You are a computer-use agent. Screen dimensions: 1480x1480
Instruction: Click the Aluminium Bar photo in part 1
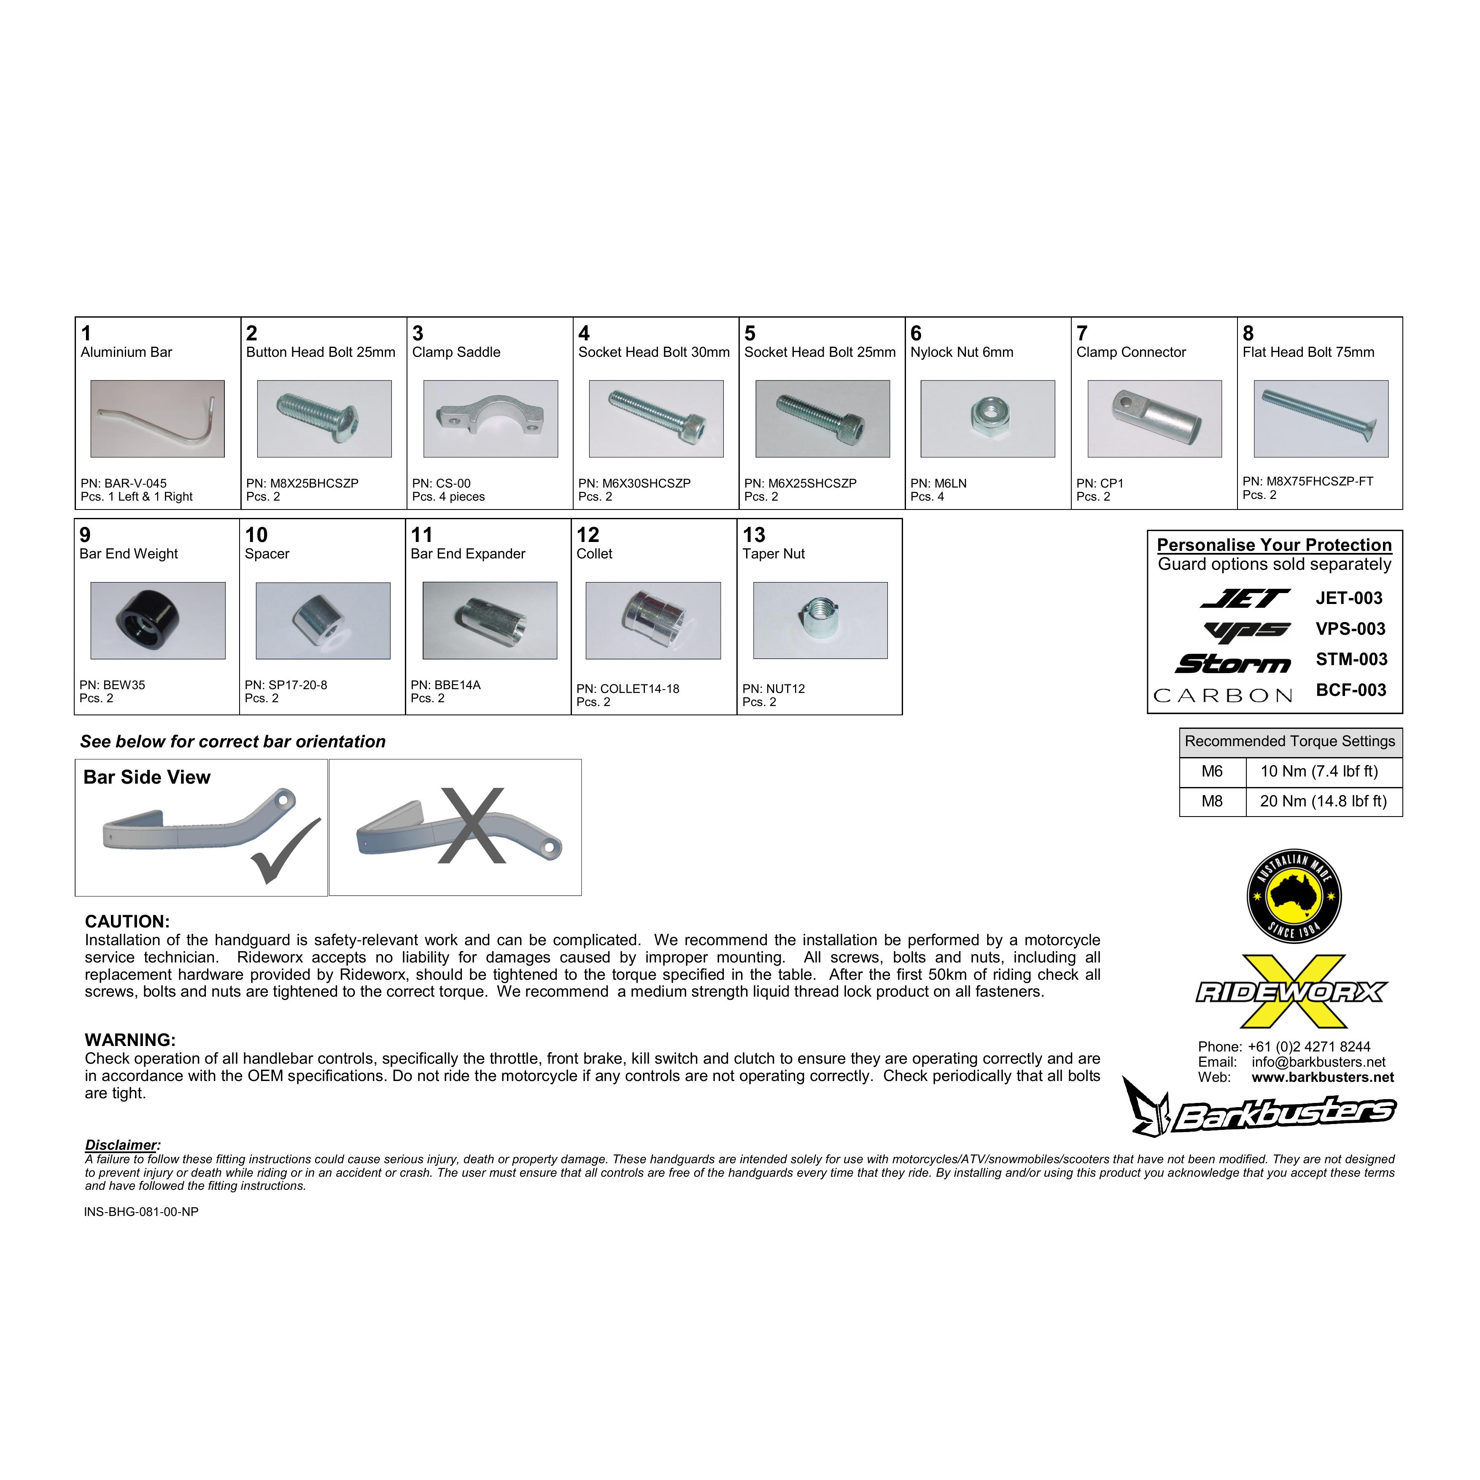point(158,419)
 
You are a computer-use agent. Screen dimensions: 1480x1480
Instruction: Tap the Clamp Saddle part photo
point(490,419)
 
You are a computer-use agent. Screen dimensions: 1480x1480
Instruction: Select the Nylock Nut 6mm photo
point(987,419)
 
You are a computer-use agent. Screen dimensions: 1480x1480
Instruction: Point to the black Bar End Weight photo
point(158,620)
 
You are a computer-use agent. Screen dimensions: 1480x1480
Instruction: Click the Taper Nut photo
point(820,620)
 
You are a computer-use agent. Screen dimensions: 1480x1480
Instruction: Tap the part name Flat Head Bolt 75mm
point(1308,352)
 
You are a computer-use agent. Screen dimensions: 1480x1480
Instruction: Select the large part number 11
point(421,535)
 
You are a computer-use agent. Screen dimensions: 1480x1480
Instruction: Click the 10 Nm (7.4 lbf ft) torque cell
point(1319,771)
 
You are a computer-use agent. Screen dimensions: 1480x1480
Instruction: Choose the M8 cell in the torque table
point(1212,801)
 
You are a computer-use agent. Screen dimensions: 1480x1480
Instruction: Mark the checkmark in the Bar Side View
point(285,850)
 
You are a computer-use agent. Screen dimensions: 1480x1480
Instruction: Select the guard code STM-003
point(1351,660)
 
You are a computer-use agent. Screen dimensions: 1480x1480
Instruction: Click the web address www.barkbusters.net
point(1322,1077)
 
